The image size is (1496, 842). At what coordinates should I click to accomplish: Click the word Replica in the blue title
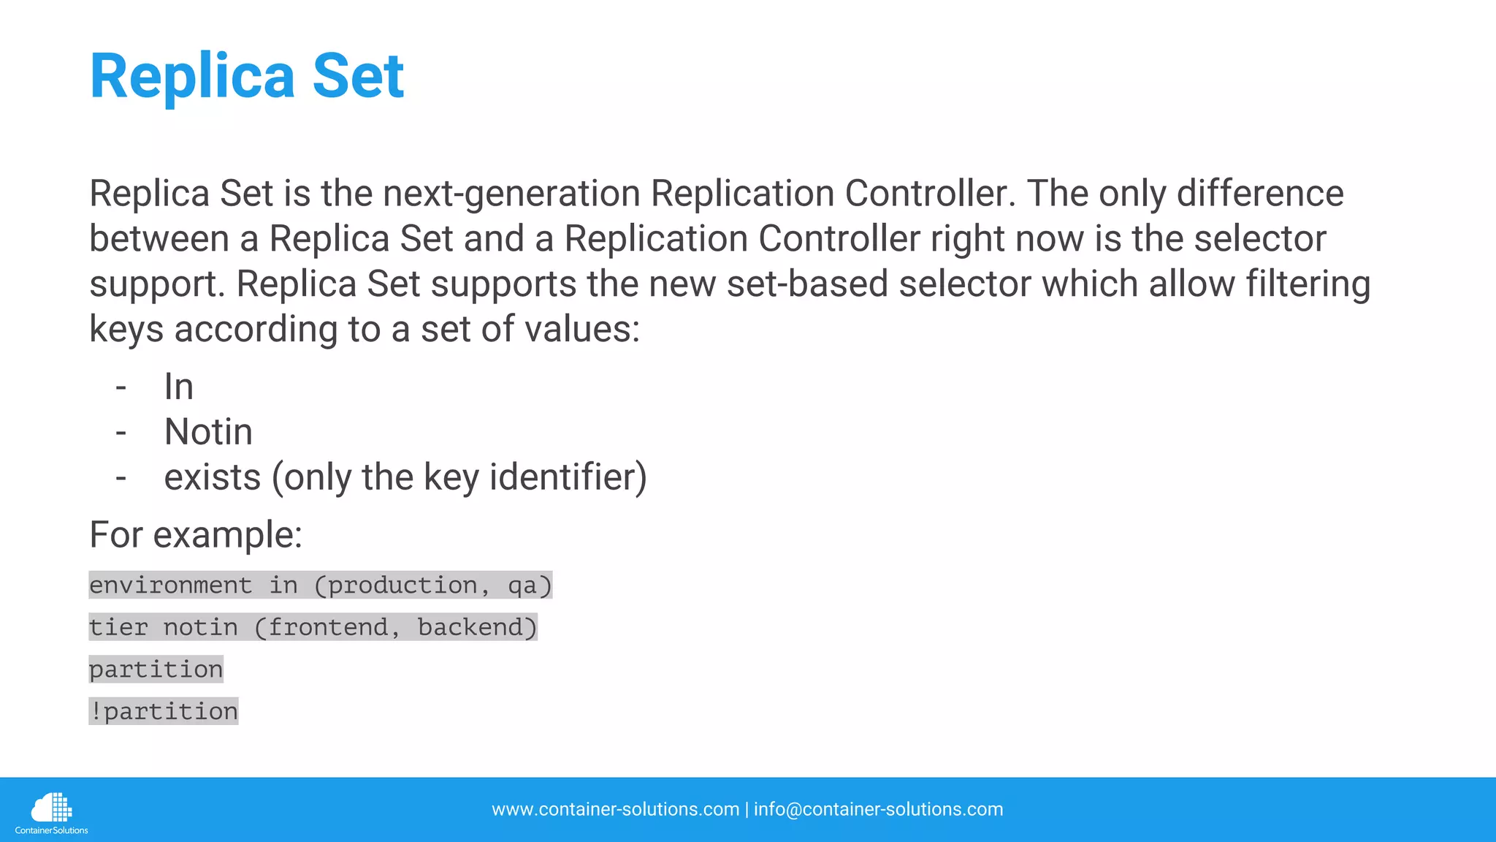(192, 77)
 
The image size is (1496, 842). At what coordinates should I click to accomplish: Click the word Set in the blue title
(358, 77)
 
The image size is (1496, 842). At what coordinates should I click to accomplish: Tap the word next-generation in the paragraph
(511, 194)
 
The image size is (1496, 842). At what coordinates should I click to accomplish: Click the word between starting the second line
(159, 240)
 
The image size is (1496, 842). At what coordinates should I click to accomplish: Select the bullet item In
(178, 387)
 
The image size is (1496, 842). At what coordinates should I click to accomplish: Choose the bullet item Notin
(208, 433)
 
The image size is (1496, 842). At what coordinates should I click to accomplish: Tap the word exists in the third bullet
(212, 478)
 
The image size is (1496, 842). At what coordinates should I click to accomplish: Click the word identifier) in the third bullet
(568, 478)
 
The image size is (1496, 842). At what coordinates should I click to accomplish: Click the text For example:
(196, 535)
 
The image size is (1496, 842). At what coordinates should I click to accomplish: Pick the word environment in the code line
(170, 585)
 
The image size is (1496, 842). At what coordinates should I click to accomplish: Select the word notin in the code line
(200, 628)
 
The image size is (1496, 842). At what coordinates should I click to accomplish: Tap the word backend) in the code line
(476, 628)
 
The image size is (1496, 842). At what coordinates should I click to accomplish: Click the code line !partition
(164, 712)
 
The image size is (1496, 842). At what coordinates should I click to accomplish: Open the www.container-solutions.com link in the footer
(615, 810)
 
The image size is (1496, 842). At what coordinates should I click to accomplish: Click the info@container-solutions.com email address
(878, 810)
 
